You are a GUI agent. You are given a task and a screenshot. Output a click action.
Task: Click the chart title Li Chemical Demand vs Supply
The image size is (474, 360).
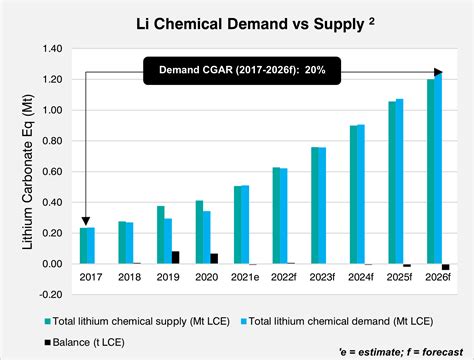pos(237,22)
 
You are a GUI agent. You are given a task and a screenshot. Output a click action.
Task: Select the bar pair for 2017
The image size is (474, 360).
pos(87,246)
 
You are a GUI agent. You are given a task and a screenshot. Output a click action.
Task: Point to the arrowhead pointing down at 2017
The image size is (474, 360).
pos(86,221)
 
